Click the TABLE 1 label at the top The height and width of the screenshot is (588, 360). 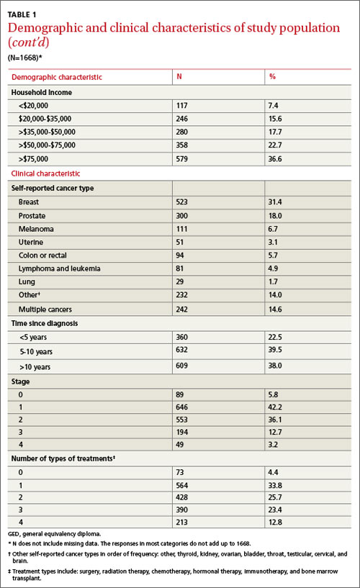point(22,14)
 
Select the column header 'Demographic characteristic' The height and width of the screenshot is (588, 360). point(57,77)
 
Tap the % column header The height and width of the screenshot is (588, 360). point(272,76)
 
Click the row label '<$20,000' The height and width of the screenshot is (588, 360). point(33,106)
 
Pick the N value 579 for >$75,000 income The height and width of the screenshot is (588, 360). point(182,159)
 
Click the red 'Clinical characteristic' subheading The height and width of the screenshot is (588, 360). point(45,173)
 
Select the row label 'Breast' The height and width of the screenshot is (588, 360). point(29,202)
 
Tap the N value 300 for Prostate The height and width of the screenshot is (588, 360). point(182,216)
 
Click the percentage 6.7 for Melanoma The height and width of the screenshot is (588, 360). point(273,229)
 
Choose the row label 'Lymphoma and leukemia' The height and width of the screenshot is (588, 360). point(59,268)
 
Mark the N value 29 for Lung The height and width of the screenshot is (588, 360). point(179,281)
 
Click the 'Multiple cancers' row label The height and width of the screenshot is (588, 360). point(45,309)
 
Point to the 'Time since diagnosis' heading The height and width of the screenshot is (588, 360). point(45,323)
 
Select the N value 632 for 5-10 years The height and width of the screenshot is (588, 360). point(182,350)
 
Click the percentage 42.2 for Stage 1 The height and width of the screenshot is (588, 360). point(275,407)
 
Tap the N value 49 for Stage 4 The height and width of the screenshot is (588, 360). point(179,445)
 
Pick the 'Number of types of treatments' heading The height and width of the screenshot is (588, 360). point(63,458)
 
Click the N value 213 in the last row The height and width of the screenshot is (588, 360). point(182,522)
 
